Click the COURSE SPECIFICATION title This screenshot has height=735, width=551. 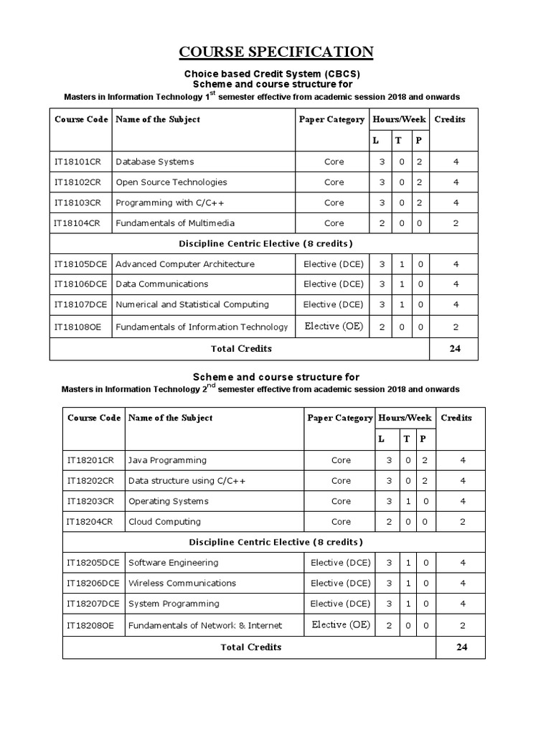tap(275, 52)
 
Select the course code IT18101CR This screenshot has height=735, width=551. tap(77, 161)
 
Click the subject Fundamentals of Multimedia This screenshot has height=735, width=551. tap(174, 223)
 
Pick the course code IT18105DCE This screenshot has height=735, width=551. tap(80, 264)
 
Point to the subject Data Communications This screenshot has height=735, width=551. tap(161, 284)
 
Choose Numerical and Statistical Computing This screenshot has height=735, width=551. tap(192, 304)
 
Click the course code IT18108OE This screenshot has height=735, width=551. tap(78, 327)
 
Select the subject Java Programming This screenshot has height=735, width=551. tap(166, 460)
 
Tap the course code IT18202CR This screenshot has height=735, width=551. tap(90, 481)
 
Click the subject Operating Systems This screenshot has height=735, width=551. tap(168, 501)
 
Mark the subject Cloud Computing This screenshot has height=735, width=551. tap(164, 522)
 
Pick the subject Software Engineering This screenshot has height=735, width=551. tap(173, 563)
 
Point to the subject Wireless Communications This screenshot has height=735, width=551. tap(182, 583)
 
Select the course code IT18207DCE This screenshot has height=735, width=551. tap(93, 604)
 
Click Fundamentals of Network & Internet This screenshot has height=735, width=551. tap(204, 626)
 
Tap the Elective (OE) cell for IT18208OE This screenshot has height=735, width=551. tap(341, 624)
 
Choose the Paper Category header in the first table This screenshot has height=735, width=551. tap(331, 119)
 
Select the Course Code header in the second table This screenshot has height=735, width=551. tap(93, 418)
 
